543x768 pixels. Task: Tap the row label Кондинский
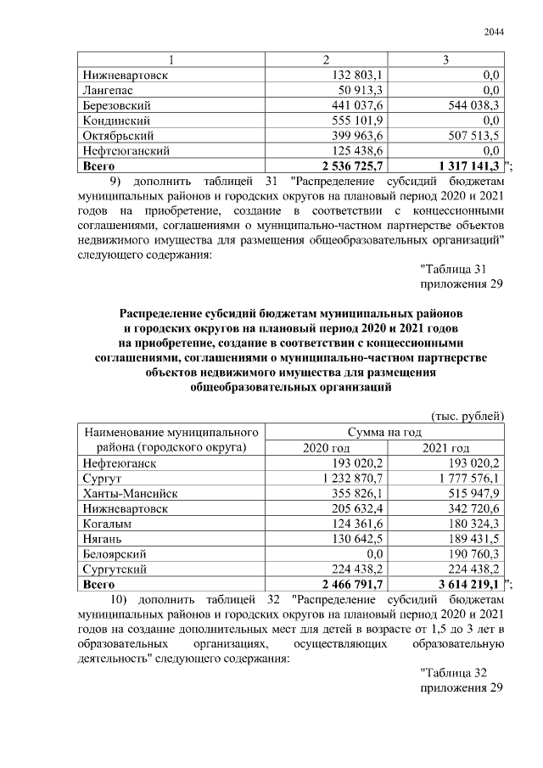(116, 121)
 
